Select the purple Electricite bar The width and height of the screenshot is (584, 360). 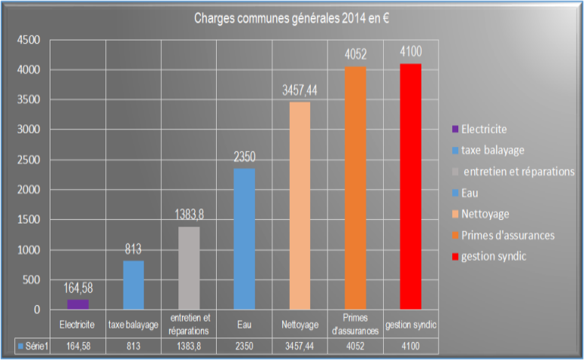(78, 304)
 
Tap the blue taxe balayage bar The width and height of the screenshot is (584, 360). (133, 285)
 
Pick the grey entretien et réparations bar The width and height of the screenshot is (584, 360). (189, 267)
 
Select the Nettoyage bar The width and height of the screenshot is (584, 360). (300, 206)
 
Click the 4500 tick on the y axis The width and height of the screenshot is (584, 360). (29, 40)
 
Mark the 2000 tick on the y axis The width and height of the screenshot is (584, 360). (29, 190)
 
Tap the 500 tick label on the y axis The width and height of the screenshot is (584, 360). (32, 279)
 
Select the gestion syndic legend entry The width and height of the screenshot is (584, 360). (493, 257)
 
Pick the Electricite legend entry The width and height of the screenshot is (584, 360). (483, 129)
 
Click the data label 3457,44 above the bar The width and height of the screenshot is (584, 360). (300, 91)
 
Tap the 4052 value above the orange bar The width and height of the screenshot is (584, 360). (355, 55)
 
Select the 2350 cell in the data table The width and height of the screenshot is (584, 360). (244, 346)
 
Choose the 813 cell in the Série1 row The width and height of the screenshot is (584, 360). (133, 346)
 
